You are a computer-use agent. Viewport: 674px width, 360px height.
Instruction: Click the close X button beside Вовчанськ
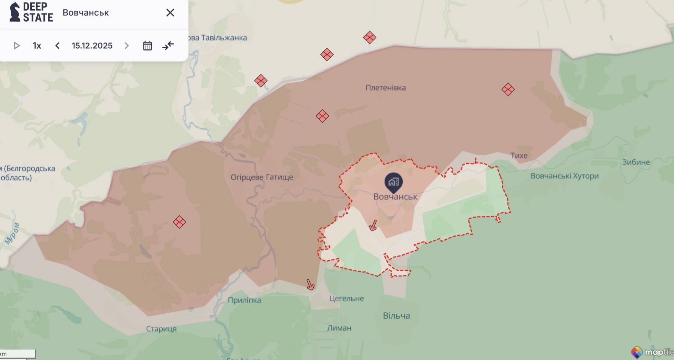170,13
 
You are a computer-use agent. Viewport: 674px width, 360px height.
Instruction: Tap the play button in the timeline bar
16,46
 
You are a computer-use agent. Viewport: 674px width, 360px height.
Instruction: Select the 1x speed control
37,46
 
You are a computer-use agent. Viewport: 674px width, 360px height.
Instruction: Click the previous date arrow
57,46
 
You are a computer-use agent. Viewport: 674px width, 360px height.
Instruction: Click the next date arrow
127,46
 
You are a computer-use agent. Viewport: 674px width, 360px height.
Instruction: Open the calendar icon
147,46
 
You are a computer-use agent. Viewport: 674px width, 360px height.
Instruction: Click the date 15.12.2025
92,46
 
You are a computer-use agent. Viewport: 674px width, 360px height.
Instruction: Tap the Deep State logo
31,12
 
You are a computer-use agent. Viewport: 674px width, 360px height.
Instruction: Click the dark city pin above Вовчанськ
393,182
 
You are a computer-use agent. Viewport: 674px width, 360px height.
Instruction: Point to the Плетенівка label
386,88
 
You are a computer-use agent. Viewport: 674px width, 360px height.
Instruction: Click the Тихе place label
519,156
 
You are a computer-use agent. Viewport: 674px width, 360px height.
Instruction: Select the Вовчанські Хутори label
564,176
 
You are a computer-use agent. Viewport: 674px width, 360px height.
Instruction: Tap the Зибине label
636,162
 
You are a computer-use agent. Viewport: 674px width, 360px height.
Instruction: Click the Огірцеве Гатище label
262,177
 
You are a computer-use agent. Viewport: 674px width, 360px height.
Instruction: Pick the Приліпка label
244,300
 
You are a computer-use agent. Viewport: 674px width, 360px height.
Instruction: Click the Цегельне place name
346,298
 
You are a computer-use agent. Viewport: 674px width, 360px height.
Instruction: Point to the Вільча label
396,315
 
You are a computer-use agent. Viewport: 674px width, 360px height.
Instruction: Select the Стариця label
161,329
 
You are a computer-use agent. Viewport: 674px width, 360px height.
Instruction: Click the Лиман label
339,328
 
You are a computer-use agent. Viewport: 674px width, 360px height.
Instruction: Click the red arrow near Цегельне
310,285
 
